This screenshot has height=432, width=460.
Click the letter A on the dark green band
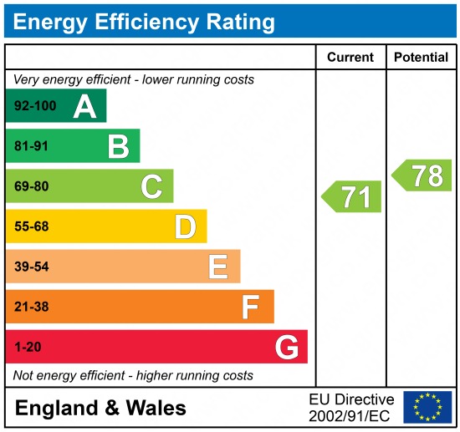[84, 107]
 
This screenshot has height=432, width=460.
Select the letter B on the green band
[118, 147]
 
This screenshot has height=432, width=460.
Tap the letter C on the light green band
[151, 186]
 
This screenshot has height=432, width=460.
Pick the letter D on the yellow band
[185, 226]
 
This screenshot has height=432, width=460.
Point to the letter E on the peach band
[217, 267]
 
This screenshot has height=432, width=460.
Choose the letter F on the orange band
[250, 307]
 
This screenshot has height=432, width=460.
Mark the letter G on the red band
[287, 347]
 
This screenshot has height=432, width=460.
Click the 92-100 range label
[33, 107]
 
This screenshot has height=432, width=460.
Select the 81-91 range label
[32, 147]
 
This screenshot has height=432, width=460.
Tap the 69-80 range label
[32, 187]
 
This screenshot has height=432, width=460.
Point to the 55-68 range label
[32, 226]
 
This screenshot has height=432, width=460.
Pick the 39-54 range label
[32, 267]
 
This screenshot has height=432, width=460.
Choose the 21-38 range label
[32, 307]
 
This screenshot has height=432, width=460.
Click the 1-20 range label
[28, 347]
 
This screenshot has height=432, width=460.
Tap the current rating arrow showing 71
[352, 197]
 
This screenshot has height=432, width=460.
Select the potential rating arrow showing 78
[422, 175]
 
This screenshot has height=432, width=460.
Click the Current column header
[350, 58]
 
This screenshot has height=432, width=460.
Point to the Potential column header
[422, 58]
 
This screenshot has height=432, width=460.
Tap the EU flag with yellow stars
[427, 407]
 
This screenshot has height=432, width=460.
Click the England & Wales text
[100, 408]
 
